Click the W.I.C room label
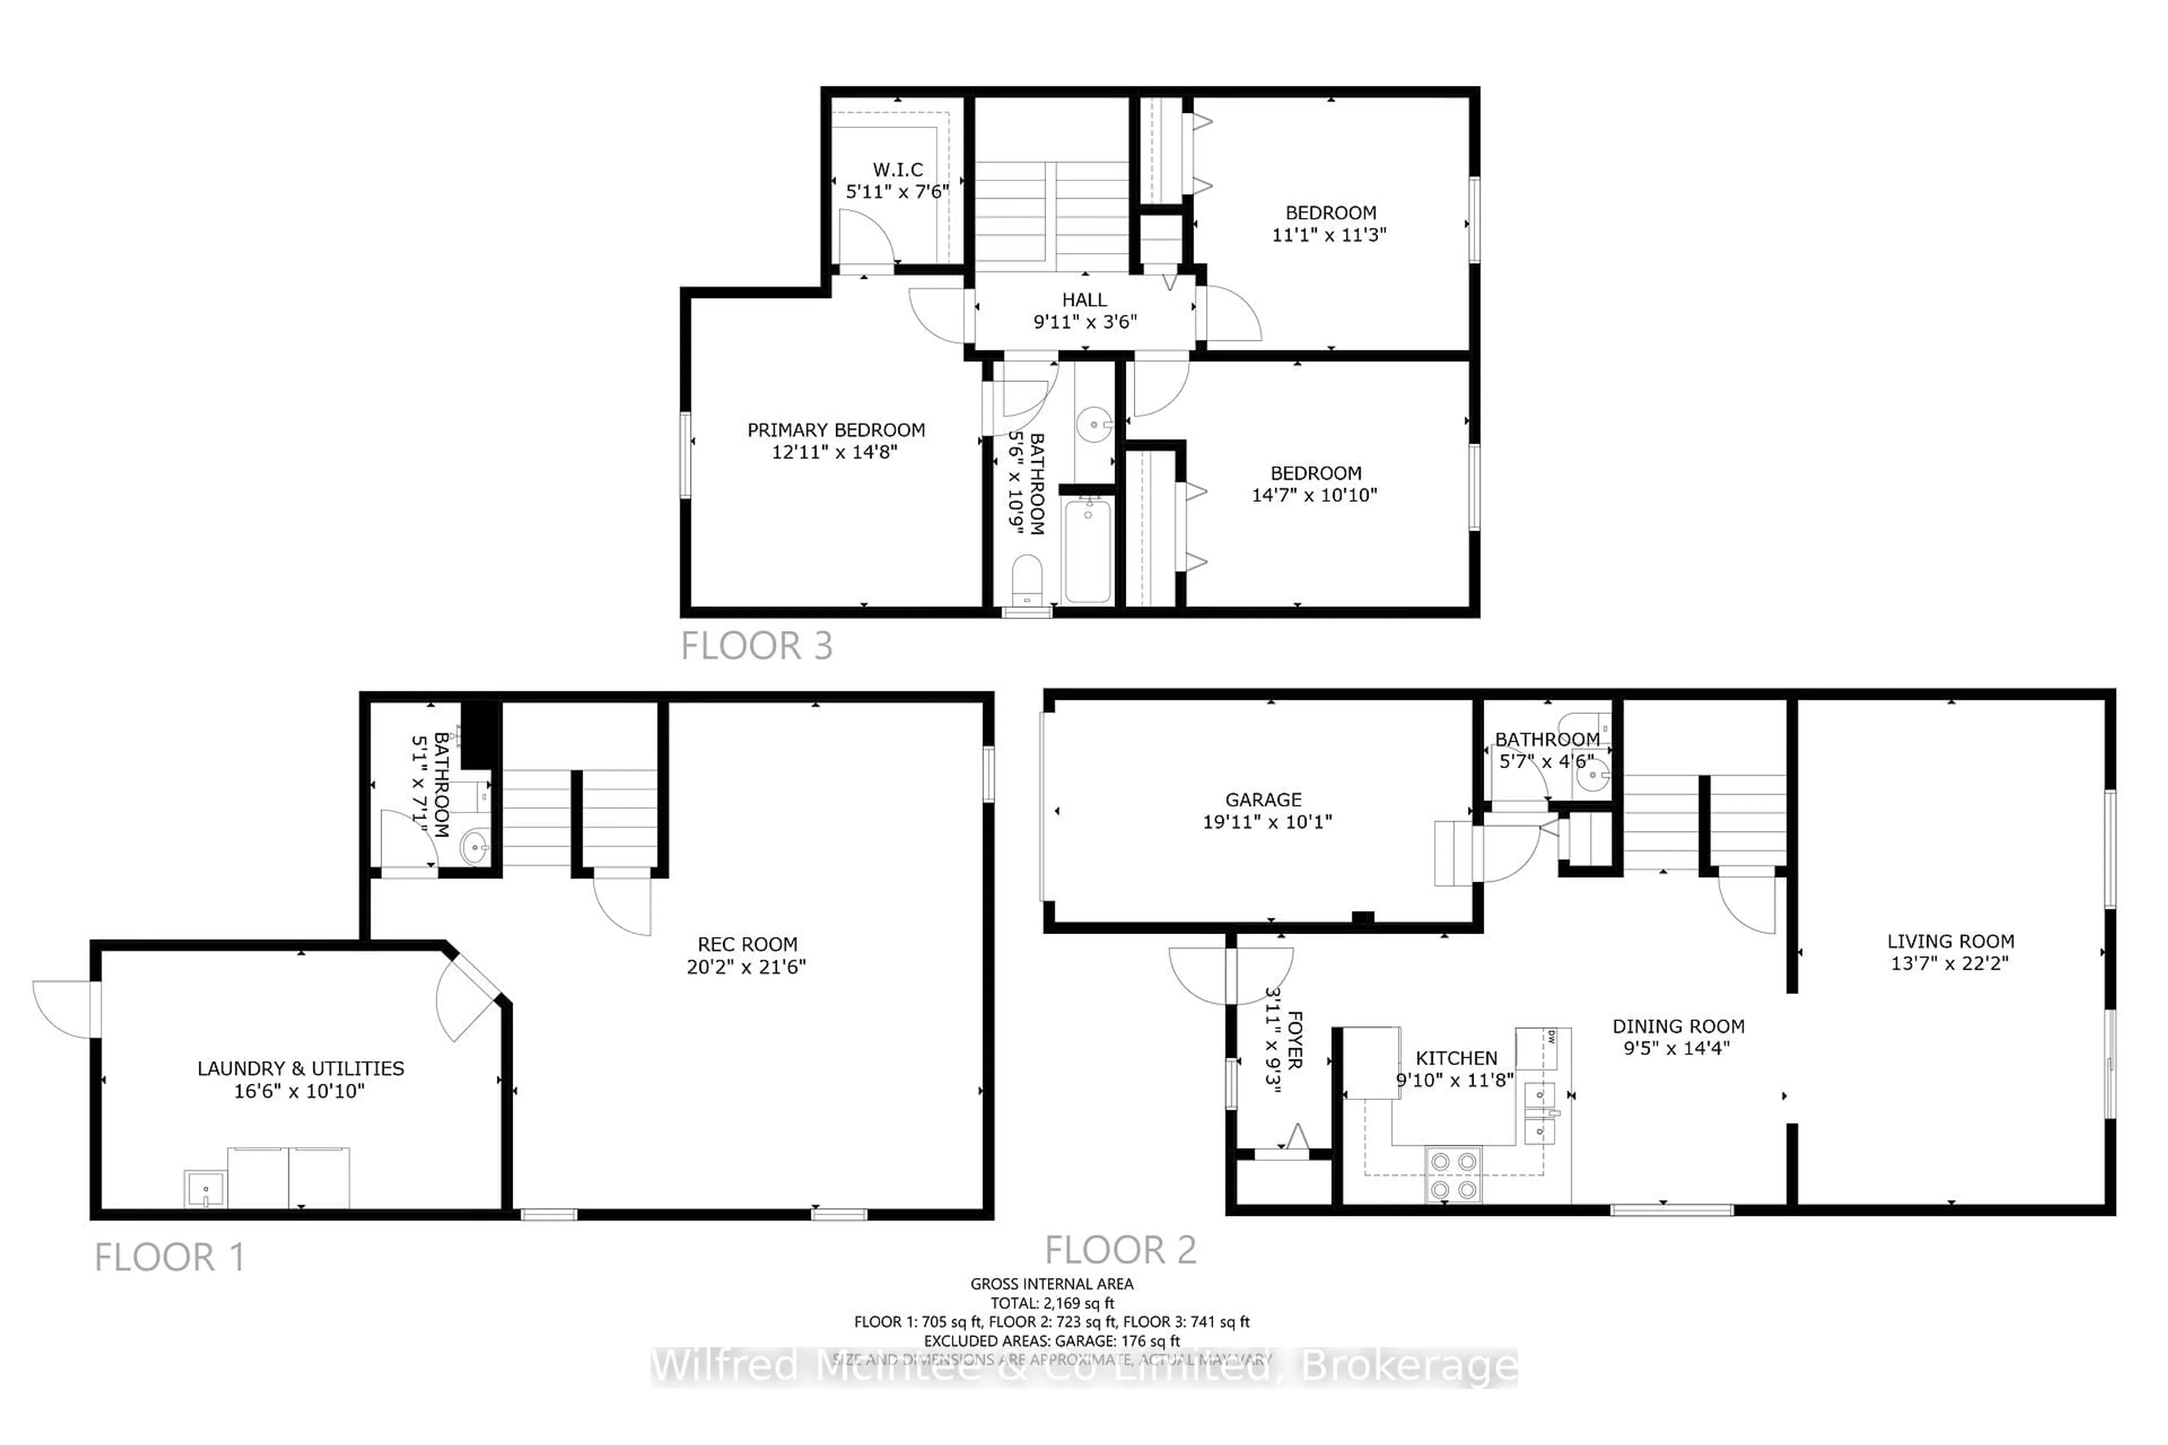898,169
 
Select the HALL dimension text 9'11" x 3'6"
1085,322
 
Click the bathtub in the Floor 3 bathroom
1088,550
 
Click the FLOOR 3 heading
757,646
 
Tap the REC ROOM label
746,944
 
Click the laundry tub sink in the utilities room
204,1190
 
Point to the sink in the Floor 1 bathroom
474,846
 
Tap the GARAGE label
1263,800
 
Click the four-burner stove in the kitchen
1454,1175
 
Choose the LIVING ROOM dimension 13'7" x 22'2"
1950,963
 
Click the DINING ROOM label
1677,1027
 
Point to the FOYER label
1294,1040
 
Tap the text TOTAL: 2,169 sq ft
1052,1303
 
